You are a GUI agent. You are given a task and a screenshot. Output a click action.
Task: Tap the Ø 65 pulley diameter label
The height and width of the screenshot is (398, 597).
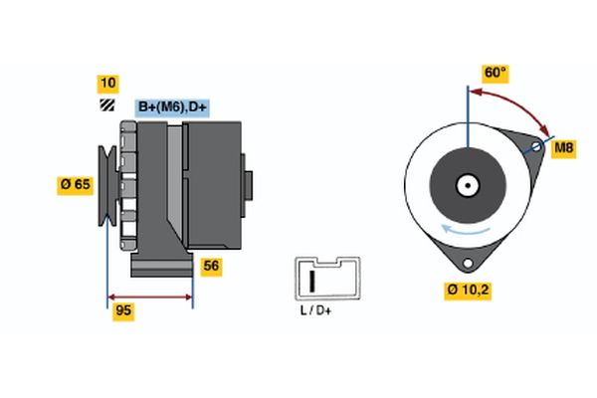(77, 184)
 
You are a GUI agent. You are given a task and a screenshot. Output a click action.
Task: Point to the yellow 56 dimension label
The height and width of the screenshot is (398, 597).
(211, 266)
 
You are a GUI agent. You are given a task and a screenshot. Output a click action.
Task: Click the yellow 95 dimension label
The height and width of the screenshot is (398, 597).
(122, 312)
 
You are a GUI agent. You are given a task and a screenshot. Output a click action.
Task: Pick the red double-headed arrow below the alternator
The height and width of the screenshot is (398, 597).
(150, 297)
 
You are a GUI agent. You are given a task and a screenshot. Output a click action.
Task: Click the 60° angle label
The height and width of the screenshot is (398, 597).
(495, 73)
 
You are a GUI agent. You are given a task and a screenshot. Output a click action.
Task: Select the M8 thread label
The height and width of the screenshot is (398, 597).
(563, 149)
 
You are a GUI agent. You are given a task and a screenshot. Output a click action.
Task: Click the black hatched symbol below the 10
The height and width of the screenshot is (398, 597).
(105, 105)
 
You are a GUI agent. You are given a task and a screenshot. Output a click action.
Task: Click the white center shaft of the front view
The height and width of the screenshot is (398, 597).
(466, 185)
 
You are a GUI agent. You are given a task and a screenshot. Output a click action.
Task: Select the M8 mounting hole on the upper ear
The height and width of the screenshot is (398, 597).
(536, 149)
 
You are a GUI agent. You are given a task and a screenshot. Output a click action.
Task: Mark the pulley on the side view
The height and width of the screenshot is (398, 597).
(105, 185)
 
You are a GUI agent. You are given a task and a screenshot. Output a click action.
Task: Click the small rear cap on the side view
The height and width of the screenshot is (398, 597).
(248, 185)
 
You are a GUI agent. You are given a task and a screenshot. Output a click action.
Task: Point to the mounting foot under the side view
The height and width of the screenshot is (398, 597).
(161, 266)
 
